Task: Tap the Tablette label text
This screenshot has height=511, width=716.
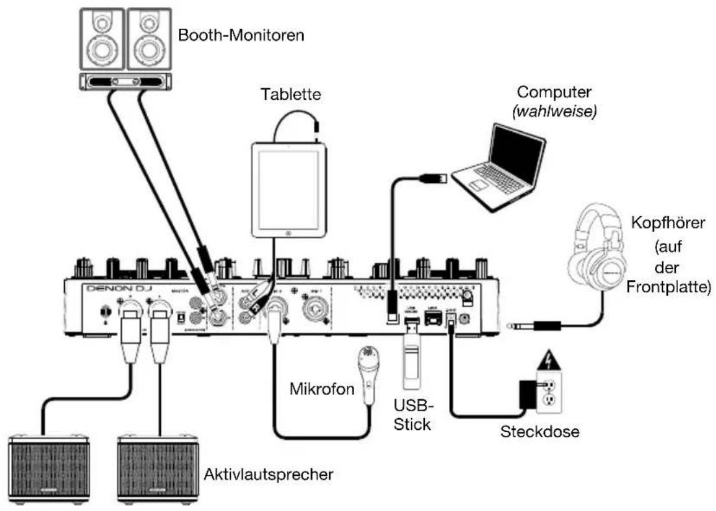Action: click(x=289, y=95)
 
